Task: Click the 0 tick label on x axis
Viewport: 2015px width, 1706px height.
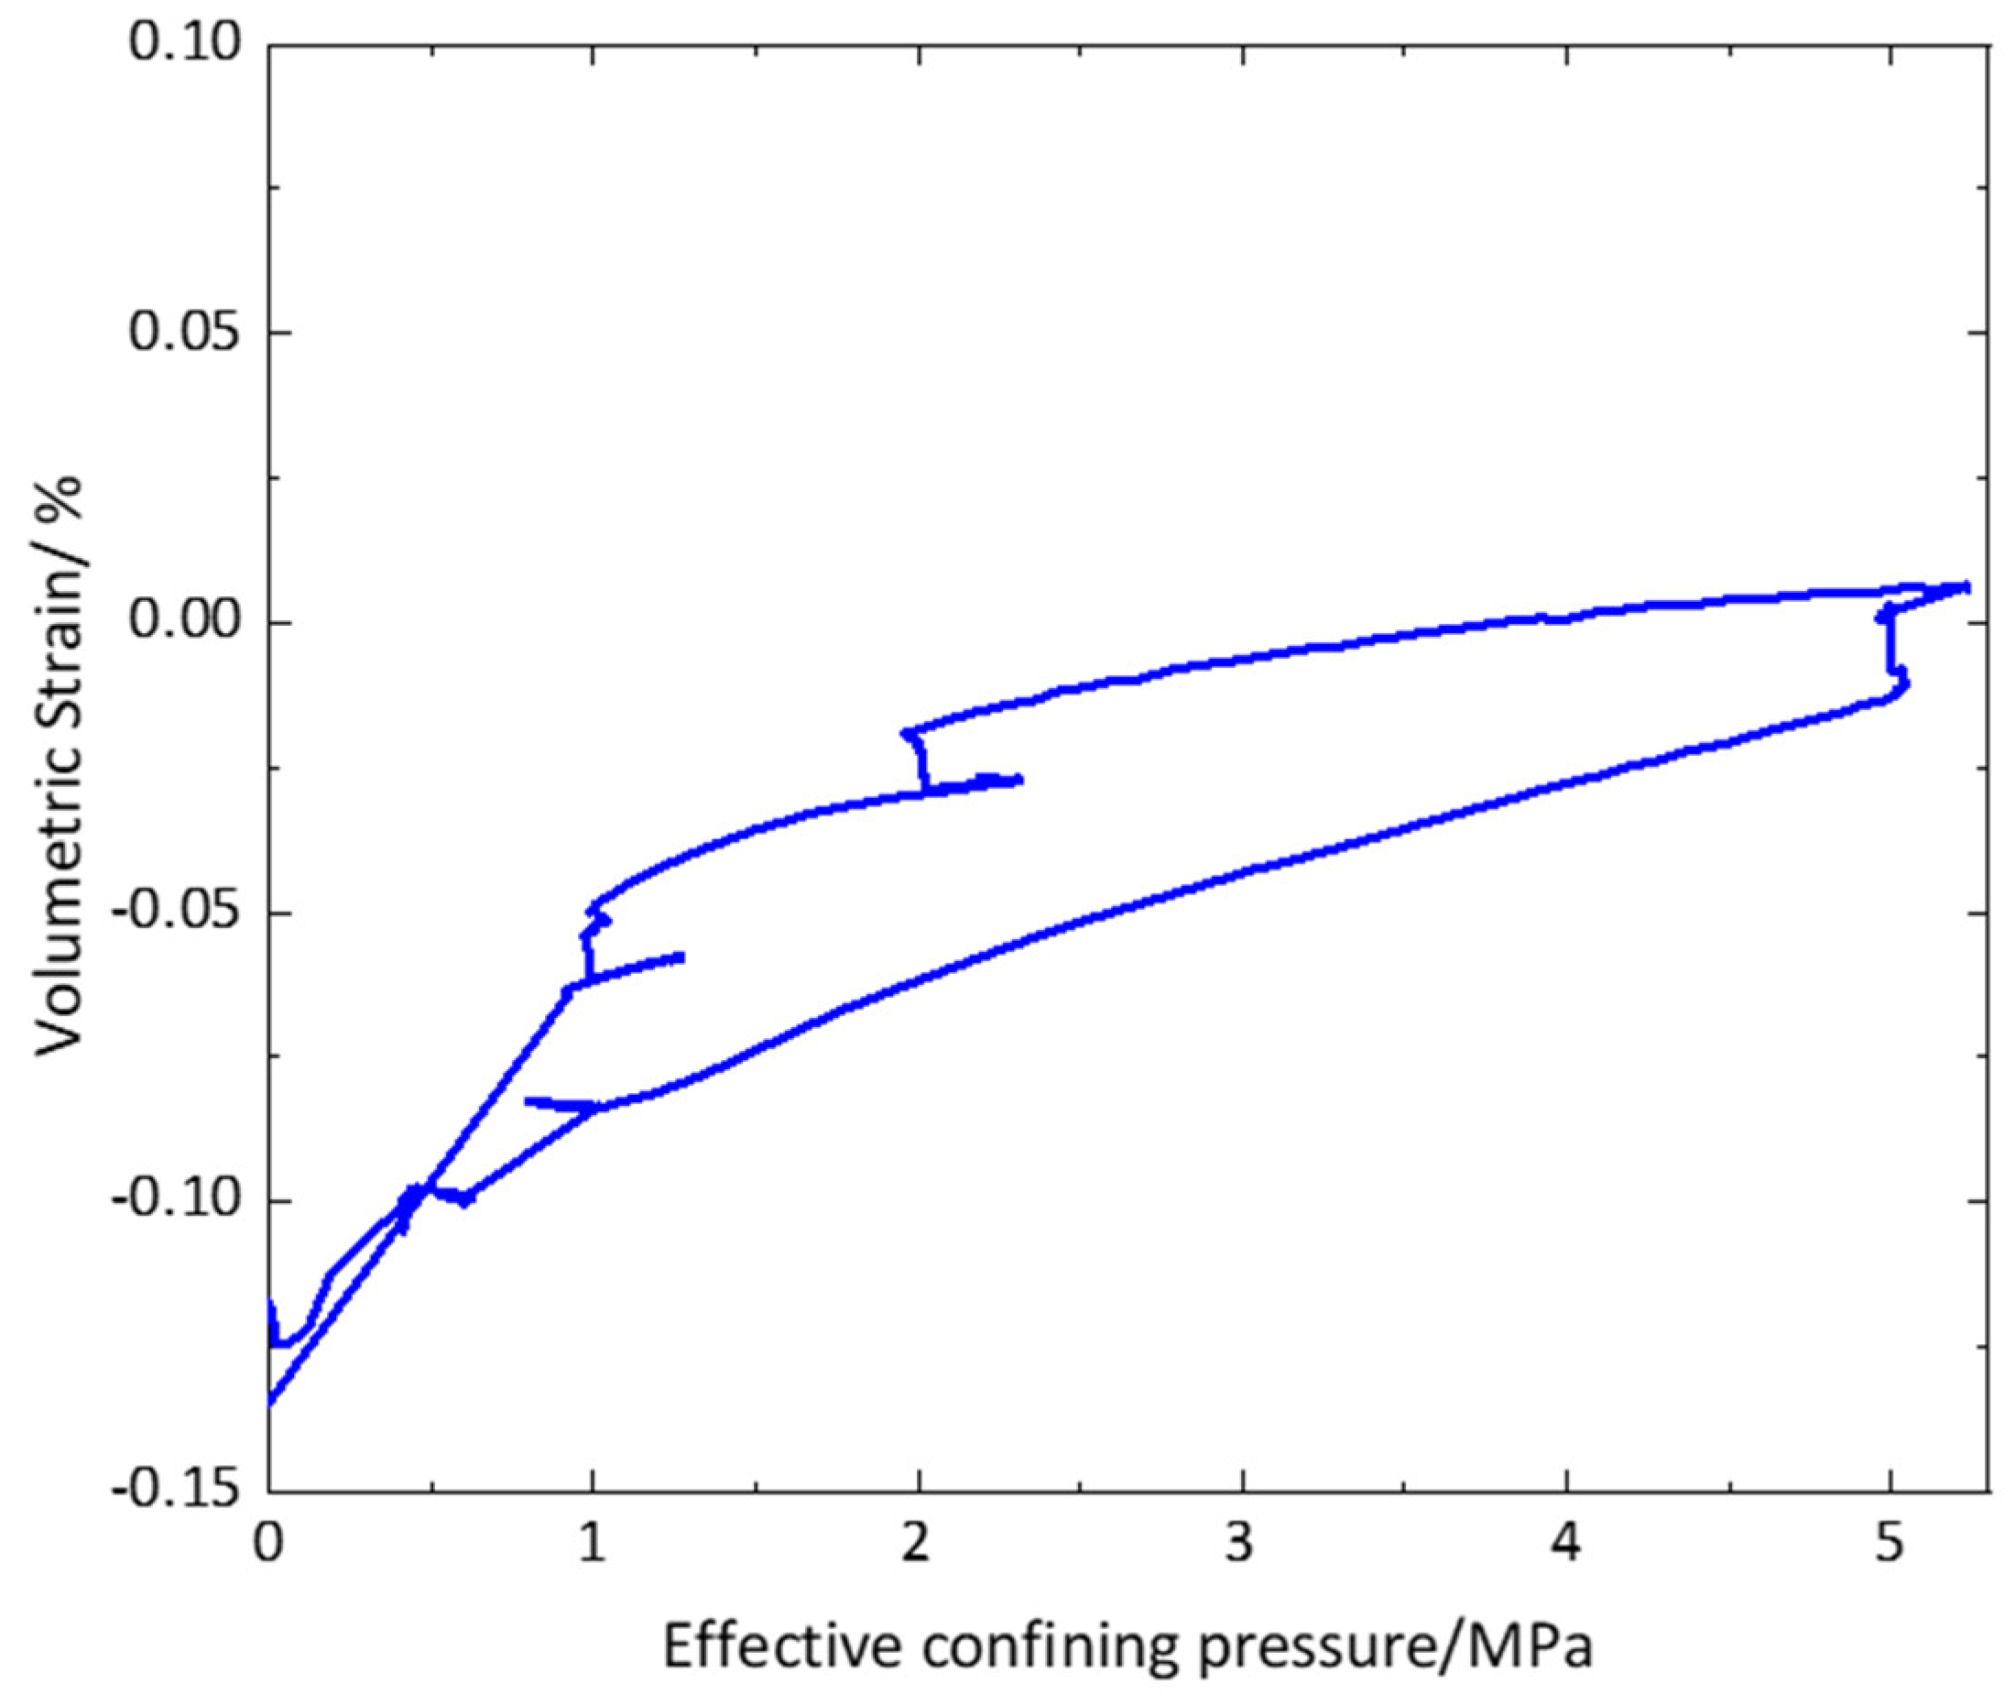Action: pyautogui.click(x=267, y=1546)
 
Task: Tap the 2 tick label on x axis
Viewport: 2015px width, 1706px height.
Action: pyautogui.click(x=916, y=1546)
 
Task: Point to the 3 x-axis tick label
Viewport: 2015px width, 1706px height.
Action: pyautogui.click(x=1240, y=1546)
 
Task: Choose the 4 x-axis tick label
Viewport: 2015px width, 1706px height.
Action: pyautogui.click(x=1565, y=1546)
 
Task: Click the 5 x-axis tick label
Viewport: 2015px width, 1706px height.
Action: pyautogui.click(x=1890, y=1546)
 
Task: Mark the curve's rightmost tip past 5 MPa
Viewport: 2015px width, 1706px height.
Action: pyautogui.click(x=1966, y=586)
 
